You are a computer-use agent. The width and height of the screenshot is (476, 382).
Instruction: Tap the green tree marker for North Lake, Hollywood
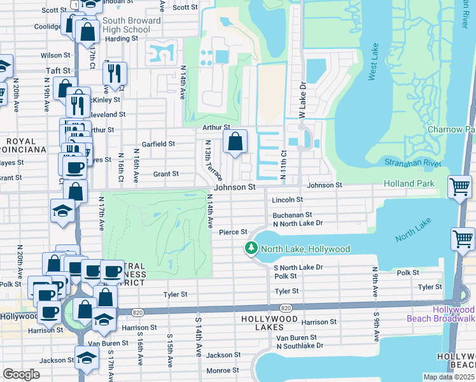pos(252,248)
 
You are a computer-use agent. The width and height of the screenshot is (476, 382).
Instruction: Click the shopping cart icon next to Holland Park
pos(460,187)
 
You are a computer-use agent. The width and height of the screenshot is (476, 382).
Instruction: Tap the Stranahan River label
pos(413,163)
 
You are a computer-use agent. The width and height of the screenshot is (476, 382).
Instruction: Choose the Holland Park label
pos(409,184)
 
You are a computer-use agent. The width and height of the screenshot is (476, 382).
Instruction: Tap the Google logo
pos(21,374)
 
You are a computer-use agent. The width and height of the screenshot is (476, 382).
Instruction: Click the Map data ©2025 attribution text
pos(449,377)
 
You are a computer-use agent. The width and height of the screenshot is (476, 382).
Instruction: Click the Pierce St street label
pos(232,232)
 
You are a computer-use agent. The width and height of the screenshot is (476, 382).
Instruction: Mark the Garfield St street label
pos(158,145)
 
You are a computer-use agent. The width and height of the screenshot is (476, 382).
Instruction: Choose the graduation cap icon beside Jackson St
pos(87,360)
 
